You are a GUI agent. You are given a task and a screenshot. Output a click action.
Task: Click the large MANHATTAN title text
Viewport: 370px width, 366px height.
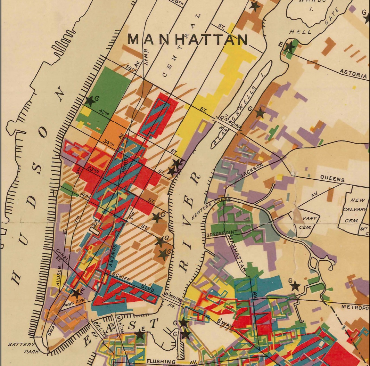(188, 40)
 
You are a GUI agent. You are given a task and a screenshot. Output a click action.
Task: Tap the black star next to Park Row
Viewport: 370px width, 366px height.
(76, 293)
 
